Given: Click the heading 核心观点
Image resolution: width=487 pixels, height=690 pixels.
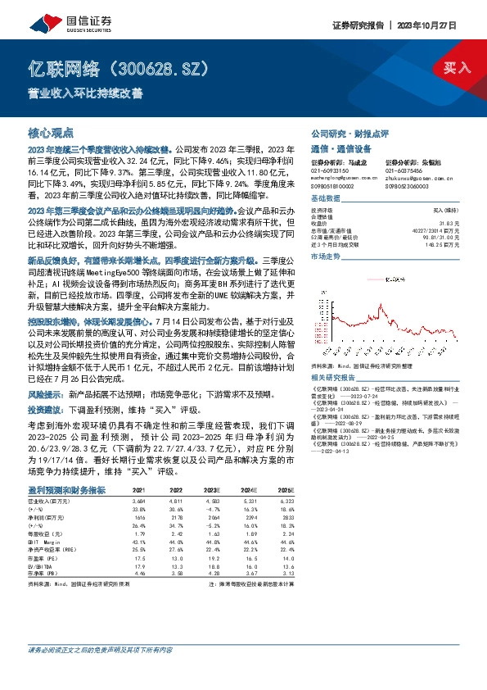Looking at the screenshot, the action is point(51,131).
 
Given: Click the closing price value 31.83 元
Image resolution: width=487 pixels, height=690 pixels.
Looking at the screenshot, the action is point(440,223).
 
